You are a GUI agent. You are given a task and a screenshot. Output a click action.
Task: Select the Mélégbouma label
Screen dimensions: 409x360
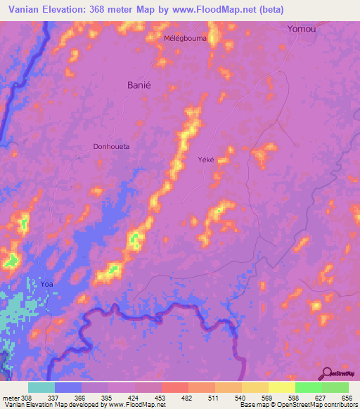[185, 38]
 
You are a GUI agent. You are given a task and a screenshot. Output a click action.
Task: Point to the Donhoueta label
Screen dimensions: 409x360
[112, 147]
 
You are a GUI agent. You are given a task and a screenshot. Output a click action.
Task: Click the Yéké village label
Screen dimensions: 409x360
[205, 160]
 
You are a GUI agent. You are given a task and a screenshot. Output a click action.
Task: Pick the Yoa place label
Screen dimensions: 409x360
[47, 283]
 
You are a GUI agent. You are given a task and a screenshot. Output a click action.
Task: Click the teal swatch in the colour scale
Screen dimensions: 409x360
[41, 387]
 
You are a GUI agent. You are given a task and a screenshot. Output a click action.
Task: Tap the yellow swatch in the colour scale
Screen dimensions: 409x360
[281, 387]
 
